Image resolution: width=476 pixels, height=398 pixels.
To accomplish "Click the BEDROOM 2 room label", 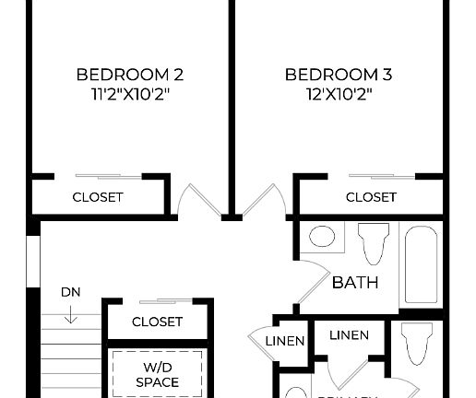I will coord(123,74).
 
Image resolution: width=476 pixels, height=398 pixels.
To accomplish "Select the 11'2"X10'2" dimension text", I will coord(123,93).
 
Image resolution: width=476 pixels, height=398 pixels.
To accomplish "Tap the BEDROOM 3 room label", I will coord(331,74).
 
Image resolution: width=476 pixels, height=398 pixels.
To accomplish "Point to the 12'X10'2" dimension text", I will coord(331,93).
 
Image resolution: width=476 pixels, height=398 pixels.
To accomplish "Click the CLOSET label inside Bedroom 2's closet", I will coord(98,197).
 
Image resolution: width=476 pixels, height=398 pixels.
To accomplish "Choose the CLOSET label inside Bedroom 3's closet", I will coord(371,197).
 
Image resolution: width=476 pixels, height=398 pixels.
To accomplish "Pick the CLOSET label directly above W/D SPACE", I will coord(157,322).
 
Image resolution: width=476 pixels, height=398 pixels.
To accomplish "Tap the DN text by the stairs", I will coord(70,292).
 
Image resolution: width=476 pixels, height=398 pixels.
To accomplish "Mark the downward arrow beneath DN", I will coord(71,316).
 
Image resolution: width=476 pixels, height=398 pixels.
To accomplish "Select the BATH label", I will coord(355,282).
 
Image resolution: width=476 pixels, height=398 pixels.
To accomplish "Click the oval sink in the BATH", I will coord(321,238).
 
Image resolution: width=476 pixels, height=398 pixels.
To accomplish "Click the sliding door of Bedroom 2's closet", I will coord(109,175).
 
